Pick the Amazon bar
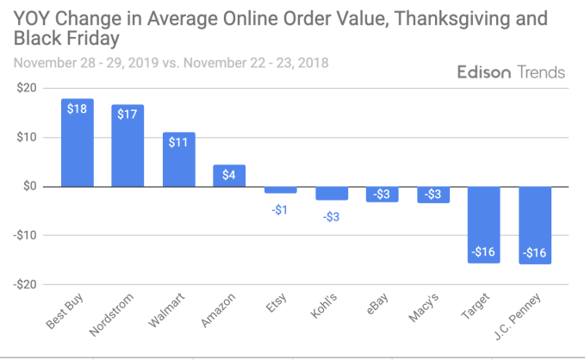pos(229,176)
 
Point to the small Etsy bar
pos(280,189)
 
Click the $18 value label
pos(78,110)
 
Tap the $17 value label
pos(128,115)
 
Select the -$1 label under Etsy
pos(280,210)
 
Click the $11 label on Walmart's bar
pos(178,142)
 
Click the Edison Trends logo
pos(511,71)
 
